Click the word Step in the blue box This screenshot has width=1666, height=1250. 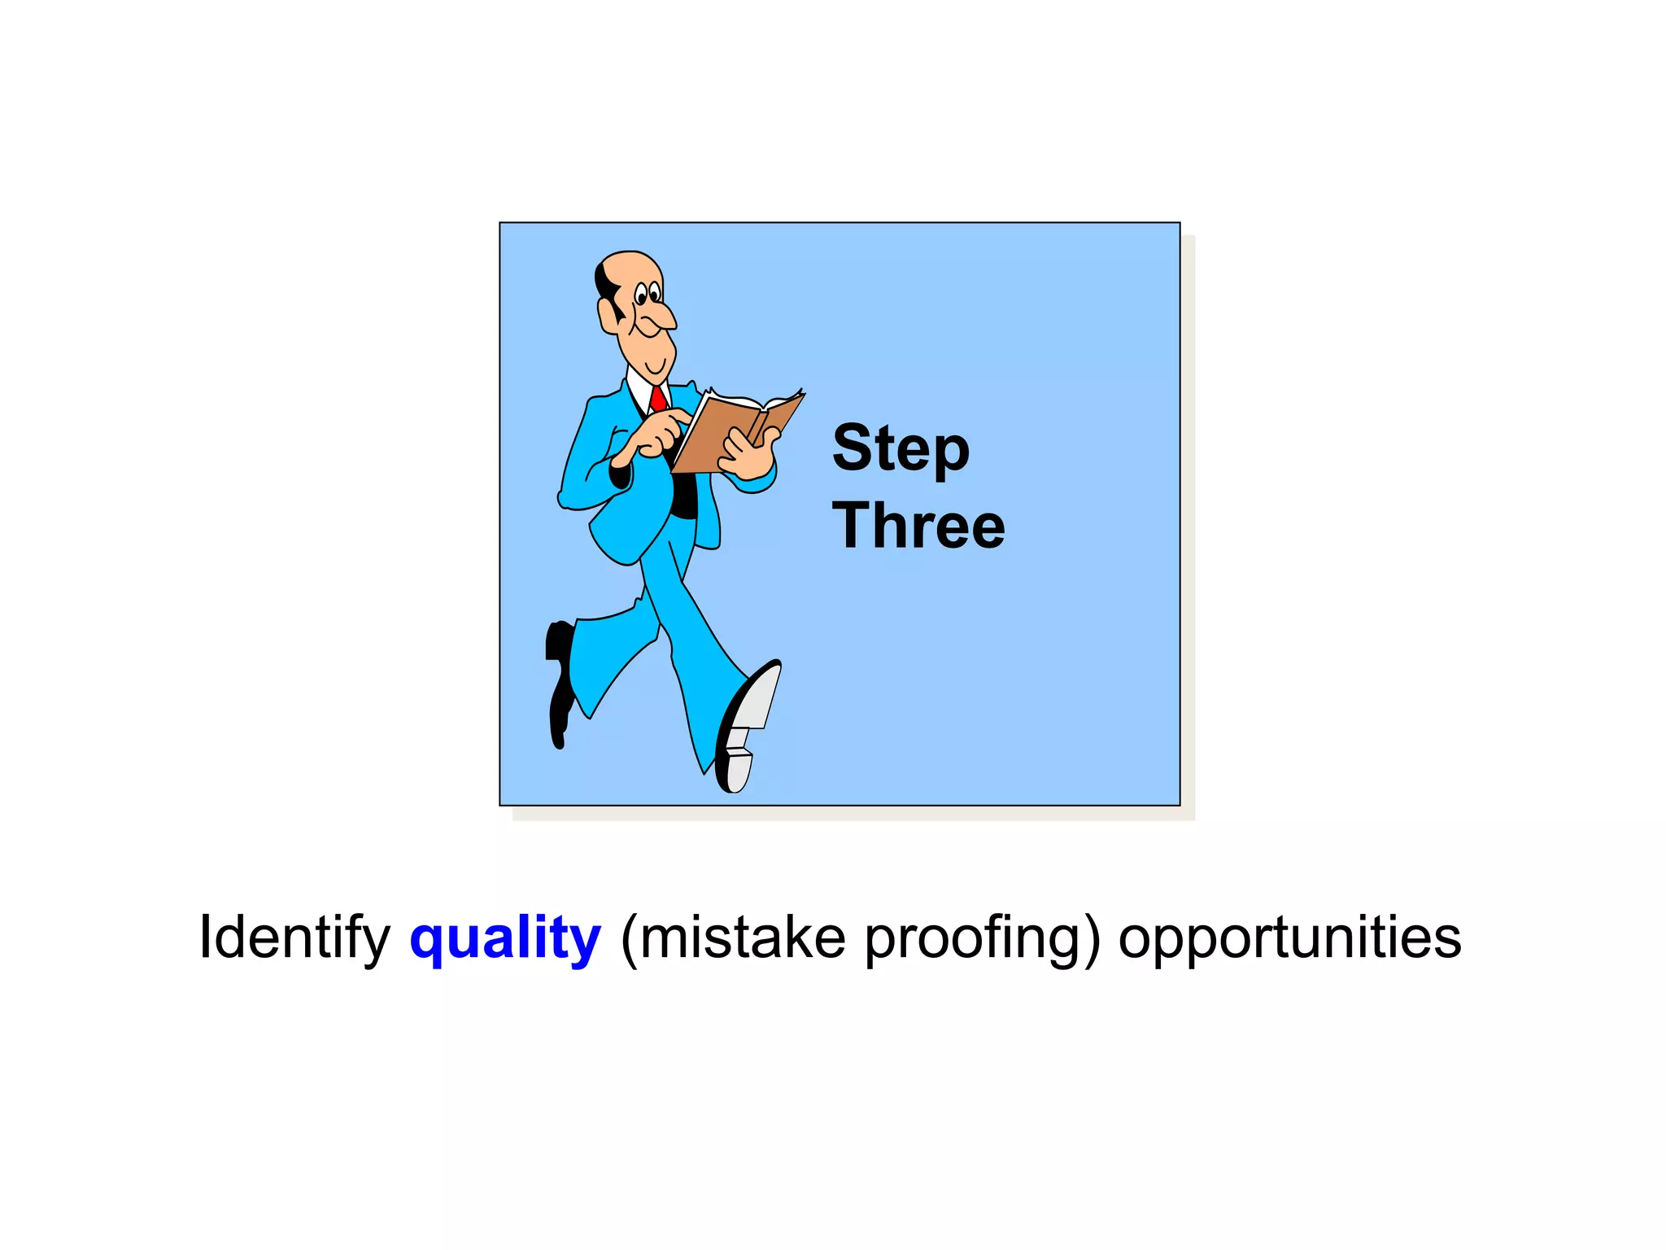(901, 449)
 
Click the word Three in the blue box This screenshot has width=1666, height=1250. (918, 526)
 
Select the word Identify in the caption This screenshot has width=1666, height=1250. (294, 937)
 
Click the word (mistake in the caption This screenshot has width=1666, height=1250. (732, 937)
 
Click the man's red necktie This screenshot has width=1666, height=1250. (658, 399)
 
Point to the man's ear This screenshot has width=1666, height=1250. (608, 316)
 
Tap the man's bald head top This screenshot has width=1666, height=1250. (630, 264)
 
